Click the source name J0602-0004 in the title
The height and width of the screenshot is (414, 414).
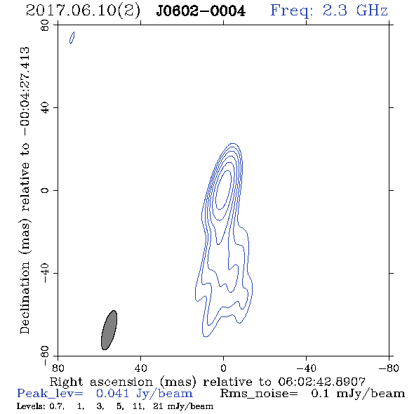tap(201, 11)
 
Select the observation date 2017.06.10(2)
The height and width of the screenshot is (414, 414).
tap(83, 11)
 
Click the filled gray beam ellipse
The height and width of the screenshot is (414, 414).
tap(109, 330)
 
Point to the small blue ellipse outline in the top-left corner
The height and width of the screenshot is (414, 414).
tap(72, 38)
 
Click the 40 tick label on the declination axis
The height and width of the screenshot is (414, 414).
tap(45, 108)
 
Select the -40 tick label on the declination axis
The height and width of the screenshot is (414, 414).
tap(45, 273)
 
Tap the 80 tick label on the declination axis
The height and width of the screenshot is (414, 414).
tap(45, 25)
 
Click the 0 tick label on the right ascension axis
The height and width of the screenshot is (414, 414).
tap(223, 368)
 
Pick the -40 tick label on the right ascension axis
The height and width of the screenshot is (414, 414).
tap(306, 368)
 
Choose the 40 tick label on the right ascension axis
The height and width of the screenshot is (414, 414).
tap(140, 368)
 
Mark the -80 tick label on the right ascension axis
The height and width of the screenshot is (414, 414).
tap(389, 368)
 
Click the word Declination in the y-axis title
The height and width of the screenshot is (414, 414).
tap(25, 298)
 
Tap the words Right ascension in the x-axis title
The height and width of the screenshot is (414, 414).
tap(101, 382)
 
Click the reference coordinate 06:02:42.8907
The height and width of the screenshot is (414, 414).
tap(322, 382)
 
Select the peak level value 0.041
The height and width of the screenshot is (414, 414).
tap(112, 394)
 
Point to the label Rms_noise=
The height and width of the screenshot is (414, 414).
tap(259, 394)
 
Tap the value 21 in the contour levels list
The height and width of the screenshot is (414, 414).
tap(158, 406)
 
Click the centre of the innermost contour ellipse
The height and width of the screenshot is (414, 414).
tap(223, 190)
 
